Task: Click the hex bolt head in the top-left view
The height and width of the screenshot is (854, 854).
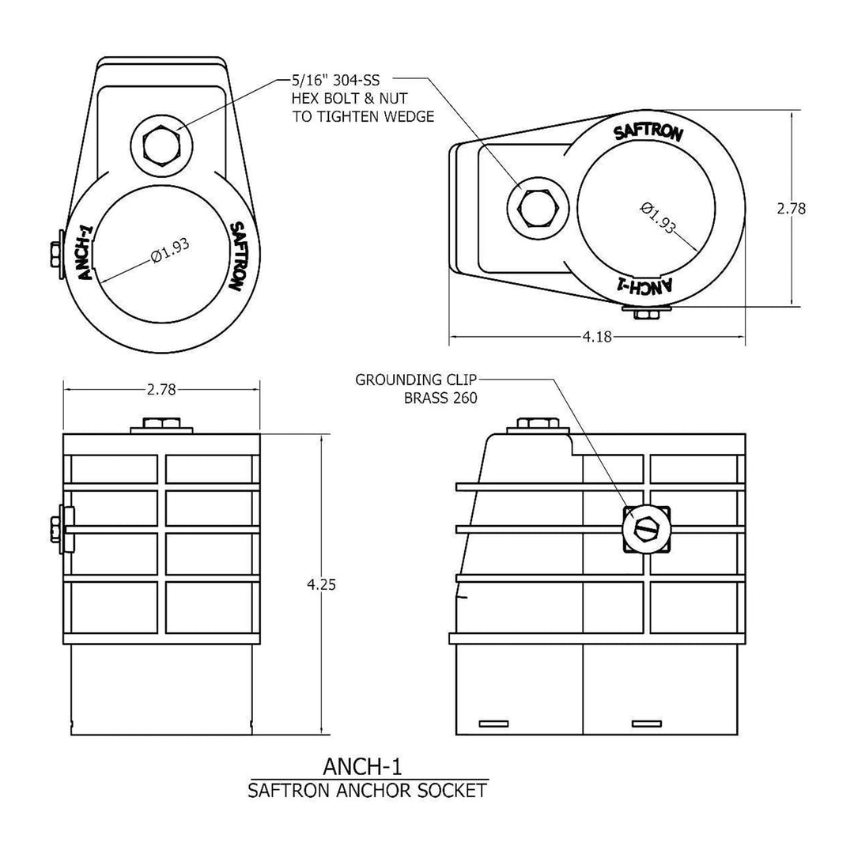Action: point(162,145)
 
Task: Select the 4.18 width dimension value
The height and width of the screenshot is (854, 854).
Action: point(597,338)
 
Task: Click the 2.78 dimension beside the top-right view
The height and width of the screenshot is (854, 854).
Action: point(791,209)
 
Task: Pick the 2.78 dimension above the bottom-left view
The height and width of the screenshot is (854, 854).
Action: point(161,389)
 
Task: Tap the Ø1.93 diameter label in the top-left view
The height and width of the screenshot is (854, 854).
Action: point(168,255)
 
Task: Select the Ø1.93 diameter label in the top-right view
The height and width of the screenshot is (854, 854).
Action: point(658,217)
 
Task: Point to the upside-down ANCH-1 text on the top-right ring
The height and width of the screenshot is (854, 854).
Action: point(642,285)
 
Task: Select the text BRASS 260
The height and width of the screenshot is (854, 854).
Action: point(440,399)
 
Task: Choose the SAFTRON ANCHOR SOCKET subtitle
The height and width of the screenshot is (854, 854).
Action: point(367,790)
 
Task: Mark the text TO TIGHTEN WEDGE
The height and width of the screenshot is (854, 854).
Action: point(352,117)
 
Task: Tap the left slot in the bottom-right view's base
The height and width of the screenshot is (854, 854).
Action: point(494,724)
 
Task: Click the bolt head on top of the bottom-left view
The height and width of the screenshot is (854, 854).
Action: point(161,425)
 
